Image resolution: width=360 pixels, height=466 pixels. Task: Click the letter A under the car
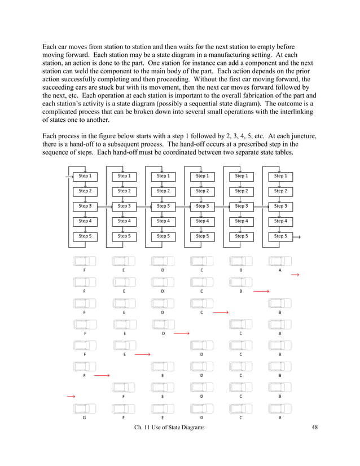click(x=280, y=270)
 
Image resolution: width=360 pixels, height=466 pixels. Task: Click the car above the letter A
click(x=280, y=261)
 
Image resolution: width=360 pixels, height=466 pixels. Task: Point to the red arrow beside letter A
click(x=295, y=275)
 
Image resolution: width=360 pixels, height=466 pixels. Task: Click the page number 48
click(x=315, y=428)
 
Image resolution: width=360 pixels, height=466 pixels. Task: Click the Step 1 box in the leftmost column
click(x=85, y=176)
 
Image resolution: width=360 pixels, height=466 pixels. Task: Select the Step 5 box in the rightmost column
click(x=280, y=237)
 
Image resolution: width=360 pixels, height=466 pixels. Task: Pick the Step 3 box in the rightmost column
click(x=280, y=206)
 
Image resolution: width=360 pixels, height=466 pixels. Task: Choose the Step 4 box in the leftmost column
click(x=85, y=222)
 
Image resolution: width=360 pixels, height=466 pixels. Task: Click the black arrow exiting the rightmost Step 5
click(x=296, y=238)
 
